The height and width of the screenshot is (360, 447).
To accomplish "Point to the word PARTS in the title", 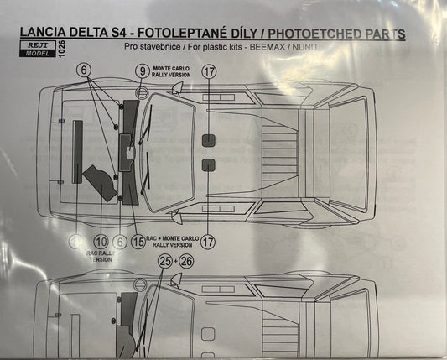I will tap(380, 34).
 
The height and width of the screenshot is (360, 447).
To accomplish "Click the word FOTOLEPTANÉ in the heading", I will tap(194, 34).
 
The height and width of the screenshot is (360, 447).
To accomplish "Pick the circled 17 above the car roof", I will tap(210, 71).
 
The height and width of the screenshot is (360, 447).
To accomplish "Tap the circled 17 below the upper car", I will tap(209, 241).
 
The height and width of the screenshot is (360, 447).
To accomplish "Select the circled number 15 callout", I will tap(138, 242).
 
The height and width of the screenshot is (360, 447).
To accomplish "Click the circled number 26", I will tap(186, 262).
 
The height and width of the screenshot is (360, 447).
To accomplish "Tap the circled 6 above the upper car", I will tap(85, 72).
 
